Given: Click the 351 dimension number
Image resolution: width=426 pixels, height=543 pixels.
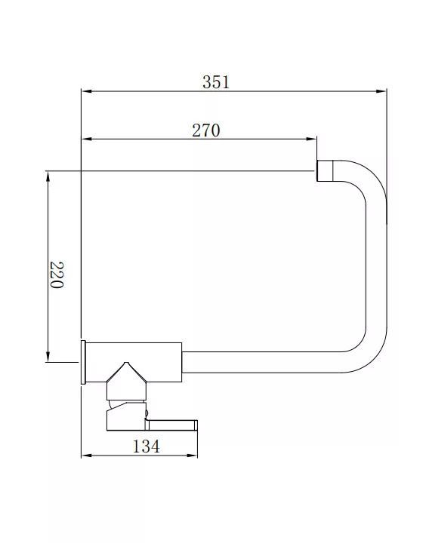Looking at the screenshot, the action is coord(216,82).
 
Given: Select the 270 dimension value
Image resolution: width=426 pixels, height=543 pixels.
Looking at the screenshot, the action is coord(206,130).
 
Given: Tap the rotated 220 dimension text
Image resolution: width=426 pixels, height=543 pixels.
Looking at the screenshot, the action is coord(57,275).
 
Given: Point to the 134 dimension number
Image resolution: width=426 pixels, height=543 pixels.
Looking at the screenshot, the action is coord(146,446).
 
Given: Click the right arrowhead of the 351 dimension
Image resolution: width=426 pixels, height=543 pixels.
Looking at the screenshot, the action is coord(381,91).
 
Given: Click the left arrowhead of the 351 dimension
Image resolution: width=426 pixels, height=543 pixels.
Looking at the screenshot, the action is coord(86,91).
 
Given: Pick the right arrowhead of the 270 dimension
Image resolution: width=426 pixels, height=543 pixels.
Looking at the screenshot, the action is coord(311,140).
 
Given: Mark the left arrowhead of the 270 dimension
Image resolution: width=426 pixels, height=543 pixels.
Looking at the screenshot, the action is coord(86,140).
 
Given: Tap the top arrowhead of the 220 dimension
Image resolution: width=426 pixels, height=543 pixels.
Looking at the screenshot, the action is coord(48,176).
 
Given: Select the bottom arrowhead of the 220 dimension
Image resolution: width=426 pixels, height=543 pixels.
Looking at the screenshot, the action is coord(48,357).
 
